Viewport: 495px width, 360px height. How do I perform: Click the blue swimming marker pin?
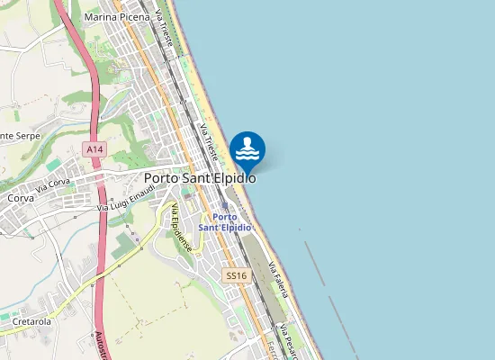(247, 149)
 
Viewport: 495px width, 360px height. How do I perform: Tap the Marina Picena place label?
(116, 16)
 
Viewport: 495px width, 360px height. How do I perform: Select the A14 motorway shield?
(94, 147)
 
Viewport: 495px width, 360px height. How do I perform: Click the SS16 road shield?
(236, 275)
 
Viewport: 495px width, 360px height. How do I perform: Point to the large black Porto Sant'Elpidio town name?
(200, 178)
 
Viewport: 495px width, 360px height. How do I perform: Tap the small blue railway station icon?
(225, 205)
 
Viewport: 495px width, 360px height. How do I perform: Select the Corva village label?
(20, 197)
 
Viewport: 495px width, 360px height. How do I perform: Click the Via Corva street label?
(53, 187)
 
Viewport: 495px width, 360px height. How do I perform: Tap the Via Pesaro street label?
(288, 337)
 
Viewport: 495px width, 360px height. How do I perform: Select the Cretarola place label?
(31, 320)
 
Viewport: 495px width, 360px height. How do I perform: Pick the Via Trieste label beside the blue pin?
(210, 142)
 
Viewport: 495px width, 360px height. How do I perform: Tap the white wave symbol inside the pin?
(247, 154)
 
